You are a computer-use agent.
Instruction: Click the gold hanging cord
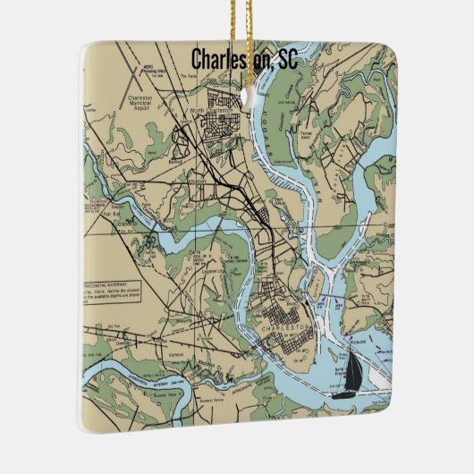[x=241, y=22]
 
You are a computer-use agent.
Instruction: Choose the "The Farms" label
[x=186, y=76]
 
